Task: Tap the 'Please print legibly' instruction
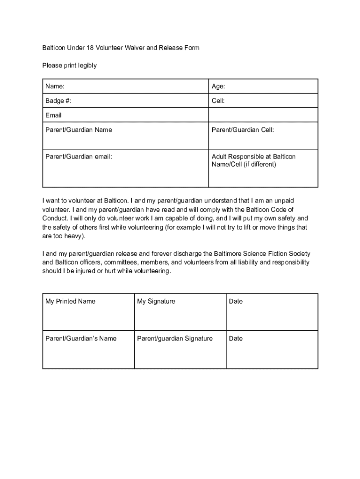coord(70,65)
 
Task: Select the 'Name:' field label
coord(55,87)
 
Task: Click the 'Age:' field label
coord(218,87)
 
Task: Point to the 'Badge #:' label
coord(58,101)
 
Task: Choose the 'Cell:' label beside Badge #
coord(218,101)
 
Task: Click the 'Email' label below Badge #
coord(53,116)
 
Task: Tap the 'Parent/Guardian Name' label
coord(79,130)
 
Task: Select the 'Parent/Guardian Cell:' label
coord(243,130)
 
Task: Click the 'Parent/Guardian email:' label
coord(79,157)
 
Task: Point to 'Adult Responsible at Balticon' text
coord(253,157)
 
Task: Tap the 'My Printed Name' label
coord(70,301)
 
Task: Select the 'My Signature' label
coord(156,301)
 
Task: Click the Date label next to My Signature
coord(236,301)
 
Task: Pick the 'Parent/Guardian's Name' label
coord(81,339)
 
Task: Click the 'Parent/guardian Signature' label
coord(175,339)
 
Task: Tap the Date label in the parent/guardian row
coord(236,339)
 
